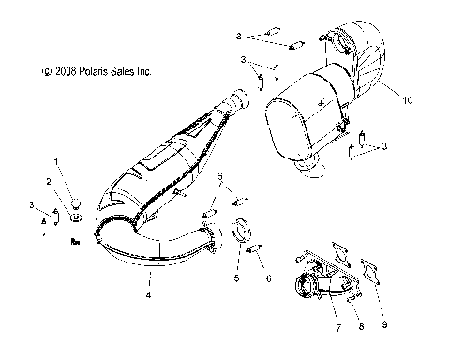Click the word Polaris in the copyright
point(86,71)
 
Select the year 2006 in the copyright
point(60,71)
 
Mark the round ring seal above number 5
point(238,228)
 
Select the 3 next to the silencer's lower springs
point(383,145)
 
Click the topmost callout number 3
point(239,36)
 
